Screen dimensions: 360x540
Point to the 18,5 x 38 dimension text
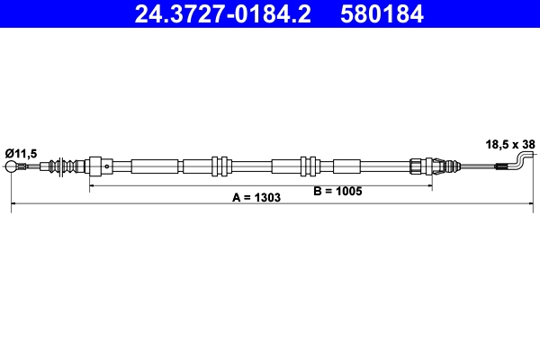510,143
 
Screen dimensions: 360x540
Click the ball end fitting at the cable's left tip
13,166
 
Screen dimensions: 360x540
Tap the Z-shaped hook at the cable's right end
521,161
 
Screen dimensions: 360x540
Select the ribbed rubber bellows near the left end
65,166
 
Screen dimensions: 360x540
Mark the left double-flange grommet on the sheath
218,166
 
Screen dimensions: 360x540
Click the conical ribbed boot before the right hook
440,166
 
